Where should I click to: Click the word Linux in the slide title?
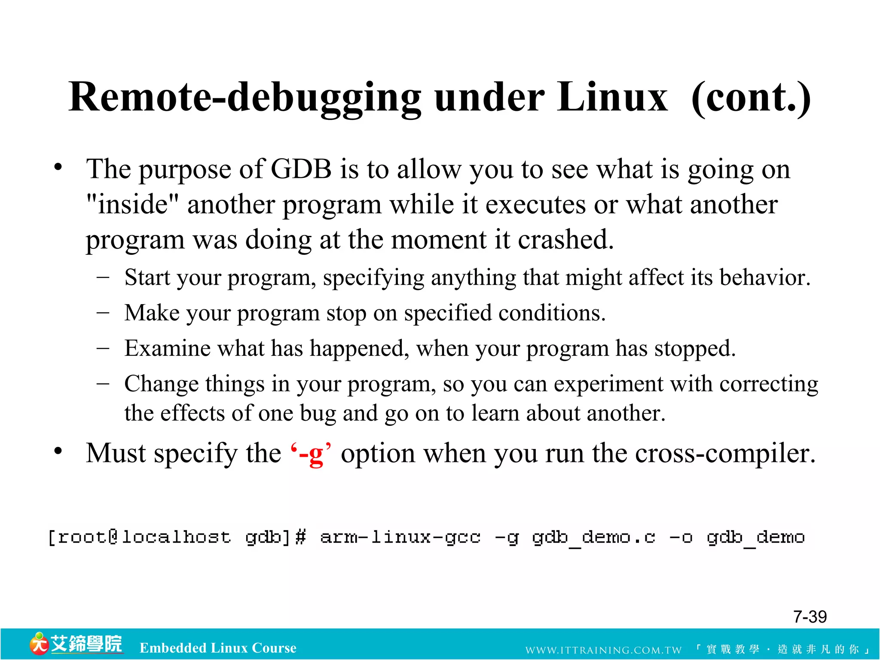tap(612, 98)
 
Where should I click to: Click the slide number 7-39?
tap(810, 617)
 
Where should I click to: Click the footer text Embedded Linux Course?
tap(218, 648)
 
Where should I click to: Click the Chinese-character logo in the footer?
tap(76, 644)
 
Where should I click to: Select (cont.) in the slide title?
tap(751, 98)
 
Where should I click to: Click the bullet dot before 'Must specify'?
tap(58, 452)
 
